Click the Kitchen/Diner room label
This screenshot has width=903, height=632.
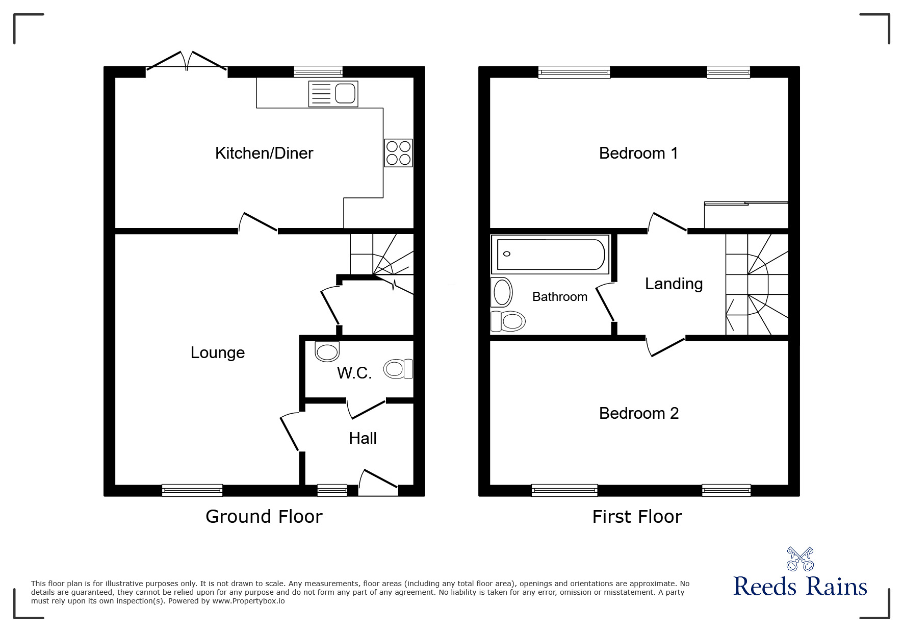click(264, 153)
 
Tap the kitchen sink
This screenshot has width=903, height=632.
click(333, 94)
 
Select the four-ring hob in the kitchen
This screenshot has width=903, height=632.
click(398, 153)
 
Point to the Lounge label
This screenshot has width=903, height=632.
click(218, 352)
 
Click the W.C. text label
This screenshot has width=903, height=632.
click(354, 373)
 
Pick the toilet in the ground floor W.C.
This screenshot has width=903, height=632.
click(399, 369)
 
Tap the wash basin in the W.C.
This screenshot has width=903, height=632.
click(327, 351)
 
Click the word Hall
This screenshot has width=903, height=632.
click(363, 438)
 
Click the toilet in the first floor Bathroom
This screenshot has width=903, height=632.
click(507, 321)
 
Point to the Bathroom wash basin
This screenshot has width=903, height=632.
click(502, 292)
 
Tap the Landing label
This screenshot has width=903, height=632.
click(674, 284)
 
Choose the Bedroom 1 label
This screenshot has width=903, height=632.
click(638, 153)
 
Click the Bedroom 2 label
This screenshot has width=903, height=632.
click(639, 413)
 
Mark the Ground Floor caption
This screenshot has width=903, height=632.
click(264, 517)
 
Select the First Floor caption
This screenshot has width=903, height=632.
click(637, 517)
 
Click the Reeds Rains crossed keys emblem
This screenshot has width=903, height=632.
click(800, 559)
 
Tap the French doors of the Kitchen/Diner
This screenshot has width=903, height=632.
click(187, 62)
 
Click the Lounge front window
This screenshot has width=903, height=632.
click(192, 490)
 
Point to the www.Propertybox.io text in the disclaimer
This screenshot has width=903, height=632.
click(248, 601)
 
